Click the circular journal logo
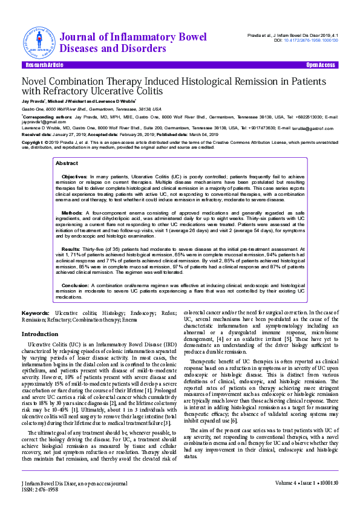pos(40,42)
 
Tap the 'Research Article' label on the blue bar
pos(44,65)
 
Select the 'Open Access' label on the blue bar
pos(320,65)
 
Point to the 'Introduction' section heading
pos(40,334)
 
